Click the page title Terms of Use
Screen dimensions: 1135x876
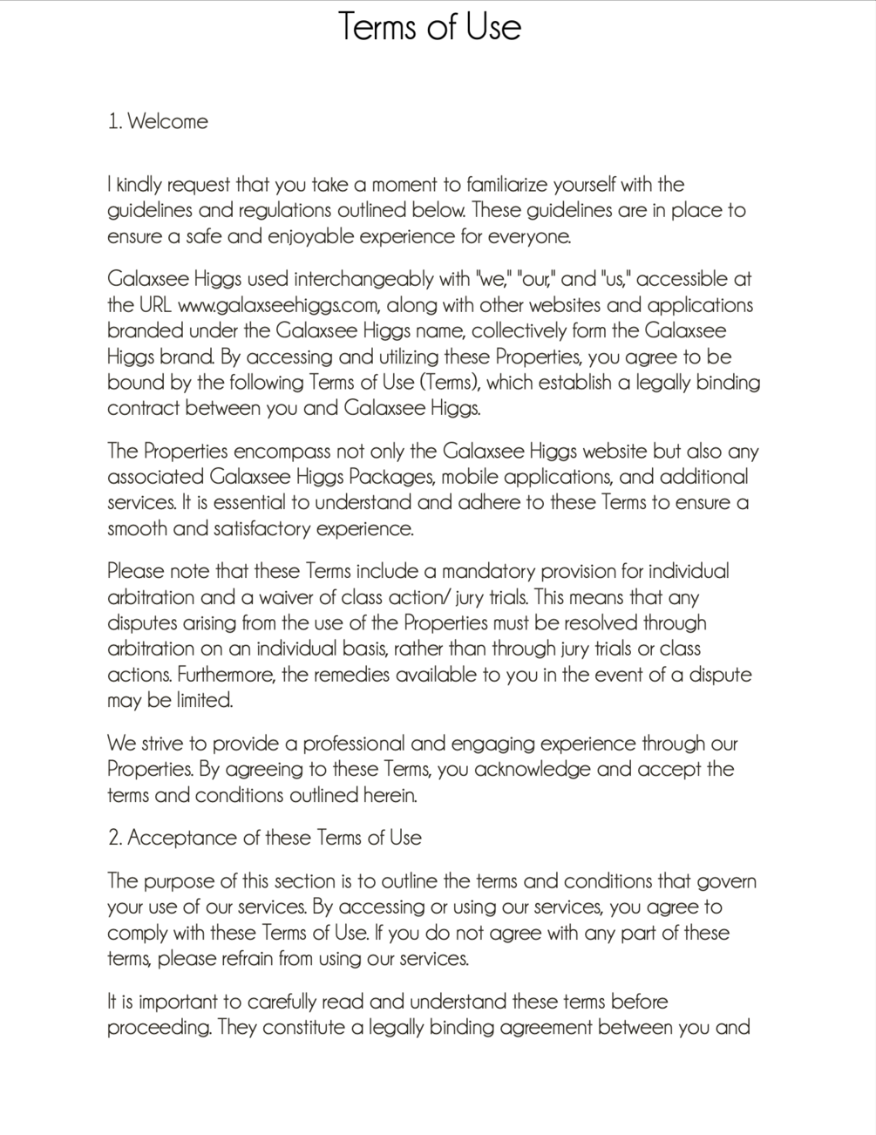(429, 26)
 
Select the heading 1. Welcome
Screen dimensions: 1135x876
(158, 121)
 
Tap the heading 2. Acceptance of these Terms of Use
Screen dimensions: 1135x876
(264, 838)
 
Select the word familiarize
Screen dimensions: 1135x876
(515, 185)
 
